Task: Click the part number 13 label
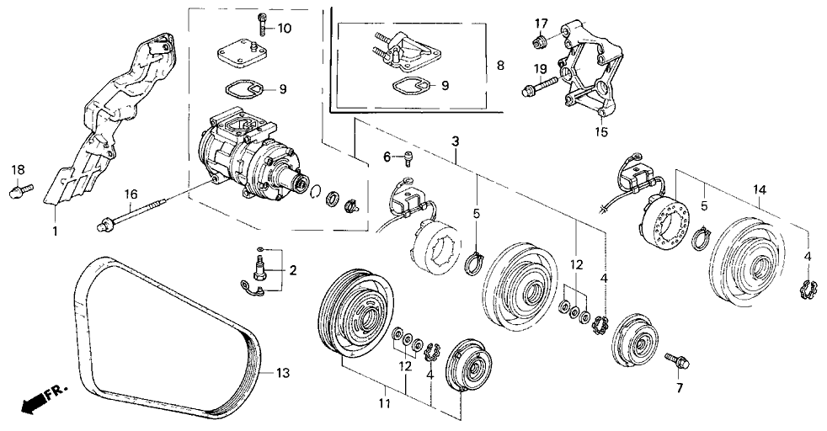pyautogui.click(x=282, y=373)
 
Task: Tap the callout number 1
pyautogui.click(x=56, y=229)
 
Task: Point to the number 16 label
pyautogui.click(x=131, y=194)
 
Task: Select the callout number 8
pyautogui.click(x=499, y=64)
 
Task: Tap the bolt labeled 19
pyautogui.click(x=542, y=84)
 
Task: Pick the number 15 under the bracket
pyautogui.click(x=600, y=132)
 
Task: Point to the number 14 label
pyautogui.click(x=760, y=191)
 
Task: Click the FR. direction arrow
pyautogui.click(x=35, y=403)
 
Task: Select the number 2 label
pyautogui.click(x=292, y=270)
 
